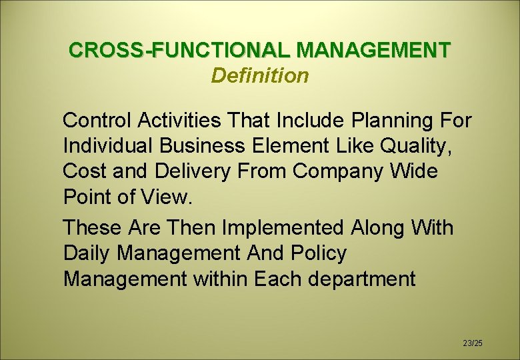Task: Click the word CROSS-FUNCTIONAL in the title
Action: coord(180,50)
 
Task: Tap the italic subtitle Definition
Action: coord(260,76)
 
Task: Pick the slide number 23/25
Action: coord(472,343)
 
